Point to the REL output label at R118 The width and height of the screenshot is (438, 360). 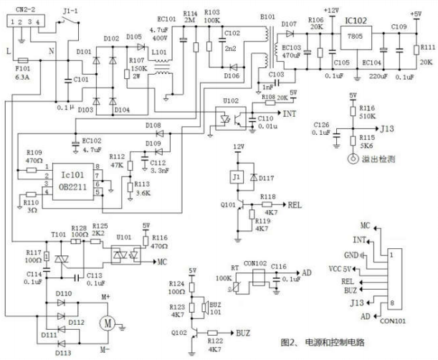pos(295,204)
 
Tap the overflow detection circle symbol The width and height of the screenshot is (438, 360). pos(351,158)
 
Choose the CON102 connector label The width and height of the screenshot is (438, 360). pos(254,262)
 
